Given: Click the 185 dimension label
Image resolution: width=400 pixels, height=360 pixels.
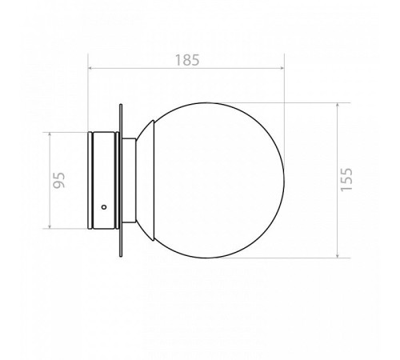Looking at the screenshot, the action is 187,60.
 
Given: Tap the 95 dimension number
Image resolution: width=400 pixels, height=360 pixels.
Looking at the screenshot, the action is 59,180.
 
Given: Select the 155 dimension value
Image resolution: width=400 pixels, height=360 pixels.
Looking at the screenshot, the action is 346,179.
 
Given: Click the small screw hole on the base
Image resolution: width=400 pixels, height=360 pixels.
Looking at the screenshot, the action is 104,207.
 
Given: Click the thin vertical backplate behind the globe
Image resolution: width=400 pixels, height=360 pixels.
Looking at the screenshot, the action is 121,180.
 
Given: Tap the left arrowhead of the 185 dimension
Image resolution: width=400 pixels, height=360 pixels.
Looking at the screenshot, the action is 90,68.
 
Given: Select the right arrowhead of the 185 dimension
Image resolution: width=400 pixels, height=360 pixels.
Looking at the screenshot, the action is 282,68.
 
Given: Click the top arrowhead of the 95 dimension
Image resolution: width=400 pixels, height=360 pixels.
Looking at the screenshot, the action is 50,134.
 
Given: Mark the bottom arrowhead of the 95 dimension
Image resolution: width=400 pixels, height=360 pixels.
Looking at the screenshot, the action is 50,226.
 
